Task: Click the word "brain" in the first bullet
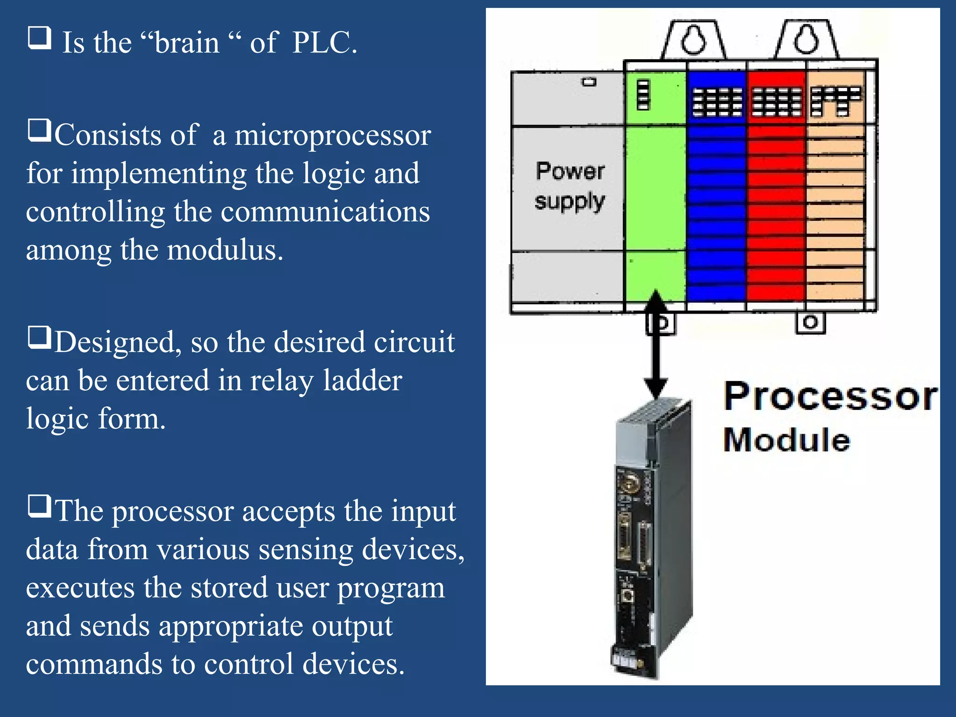tap(187, 43)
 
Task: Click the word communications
tap(325, 212)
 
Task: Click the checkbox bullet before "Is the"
tap(40, 38)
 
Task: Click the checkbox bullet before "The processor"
tap(40, 506)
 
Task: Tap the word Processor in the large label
tap(829, 397)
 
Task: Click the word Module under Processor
tap(787, 440)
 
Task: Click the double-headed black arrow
tap(656, 345)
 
